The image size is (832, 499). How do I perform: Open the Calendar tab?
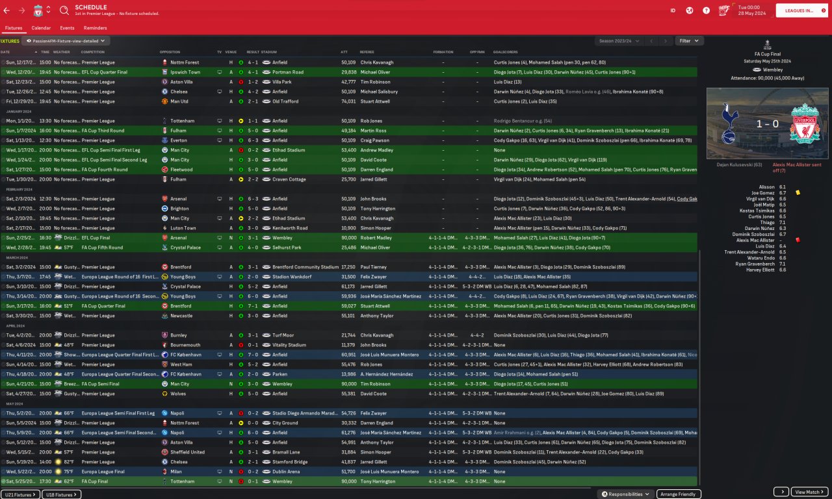pos(41,28)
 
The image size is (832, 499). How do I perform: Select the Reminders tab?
pos(95,28)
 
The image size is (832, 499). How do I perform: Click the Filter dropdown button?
pos(689,41)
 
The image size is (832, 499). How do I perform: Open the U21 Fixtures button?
pos(20,494)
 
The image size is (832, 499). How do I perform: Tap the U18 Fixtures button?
pos(62,494)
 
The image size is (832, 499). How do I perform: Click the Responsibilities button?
pos(626,494)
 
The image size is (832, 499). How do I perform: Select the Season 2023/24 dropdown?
pos(618,41)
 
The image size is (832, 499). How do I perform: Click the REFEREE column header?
pos(367,52)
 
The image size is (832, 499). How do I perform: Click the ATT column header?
pos(344,52)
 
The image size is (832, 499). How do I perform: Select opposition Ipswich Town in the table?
pos(185,72)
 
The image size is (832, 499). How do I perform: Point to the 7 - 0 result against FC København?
pos(252,355)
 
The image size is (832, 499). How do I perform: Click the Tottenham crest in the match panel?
pos(734,123)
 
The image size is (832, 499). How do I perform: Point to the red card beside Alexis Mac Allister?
pos(798,240)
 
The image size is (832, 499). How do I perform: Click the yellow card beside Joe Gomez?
pos(798,193)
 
